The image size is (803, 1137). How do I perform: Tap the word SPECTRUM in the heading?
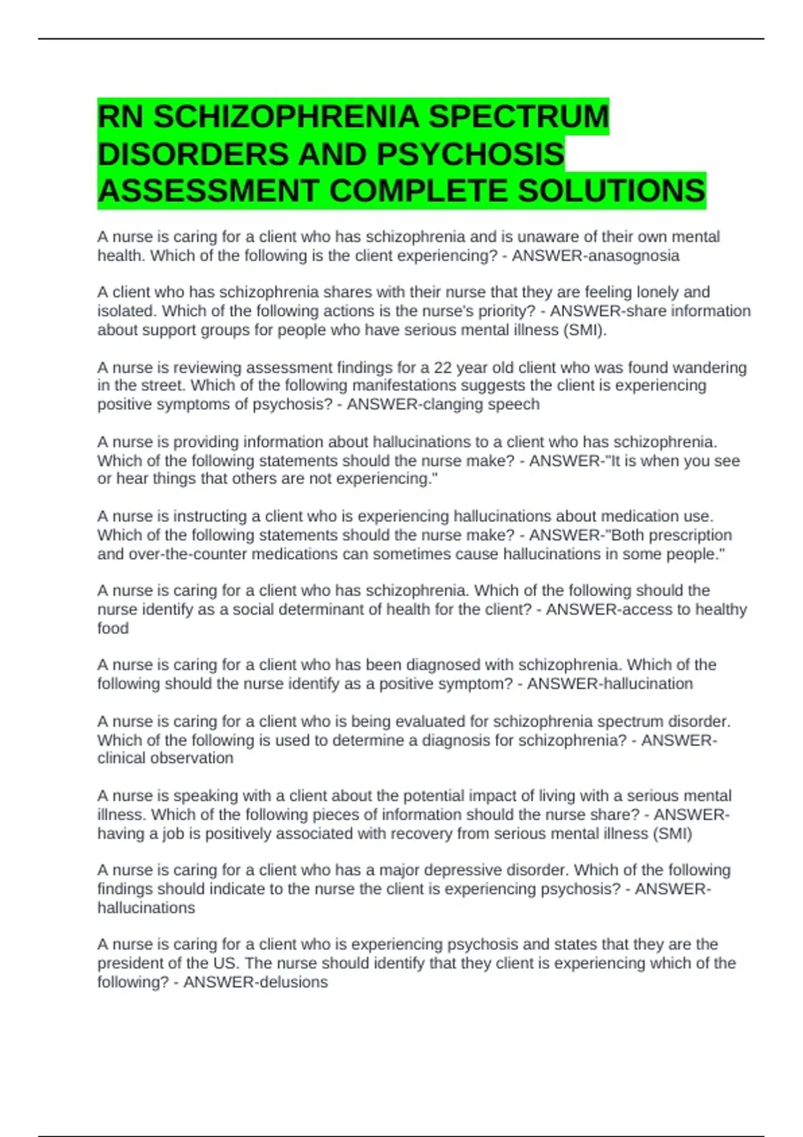(x=518, y=117)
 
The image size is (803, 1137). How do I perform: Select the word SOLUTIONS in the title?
(x=611, y=191)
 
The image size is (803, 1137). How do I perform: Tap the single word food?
(x=113, y=629)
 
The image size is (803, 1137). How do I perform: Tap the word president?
(x=131, y=964)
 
